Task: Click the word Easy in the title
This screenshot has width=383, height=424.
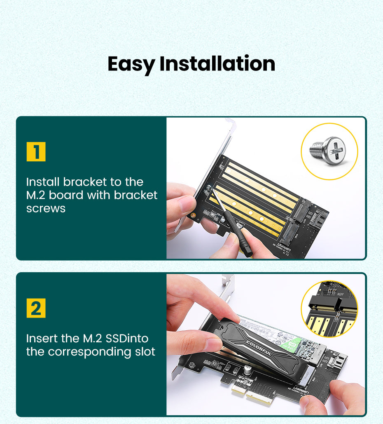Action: coord(131,64)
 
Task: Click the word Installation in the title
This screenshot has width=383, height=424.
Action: coord(217,64)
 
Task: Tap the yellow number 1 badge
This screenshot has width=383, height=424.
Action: coord(36,152)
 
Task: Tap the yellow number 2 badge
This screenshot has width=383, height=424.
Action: coord(36,309)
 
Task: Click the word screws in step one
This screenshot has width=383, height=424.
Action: coord(46,208)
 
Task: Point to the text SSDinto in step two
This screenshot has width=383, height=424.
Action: coord(127,339)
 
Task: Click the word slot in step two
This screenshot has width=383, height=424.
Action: coord(142,352)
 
